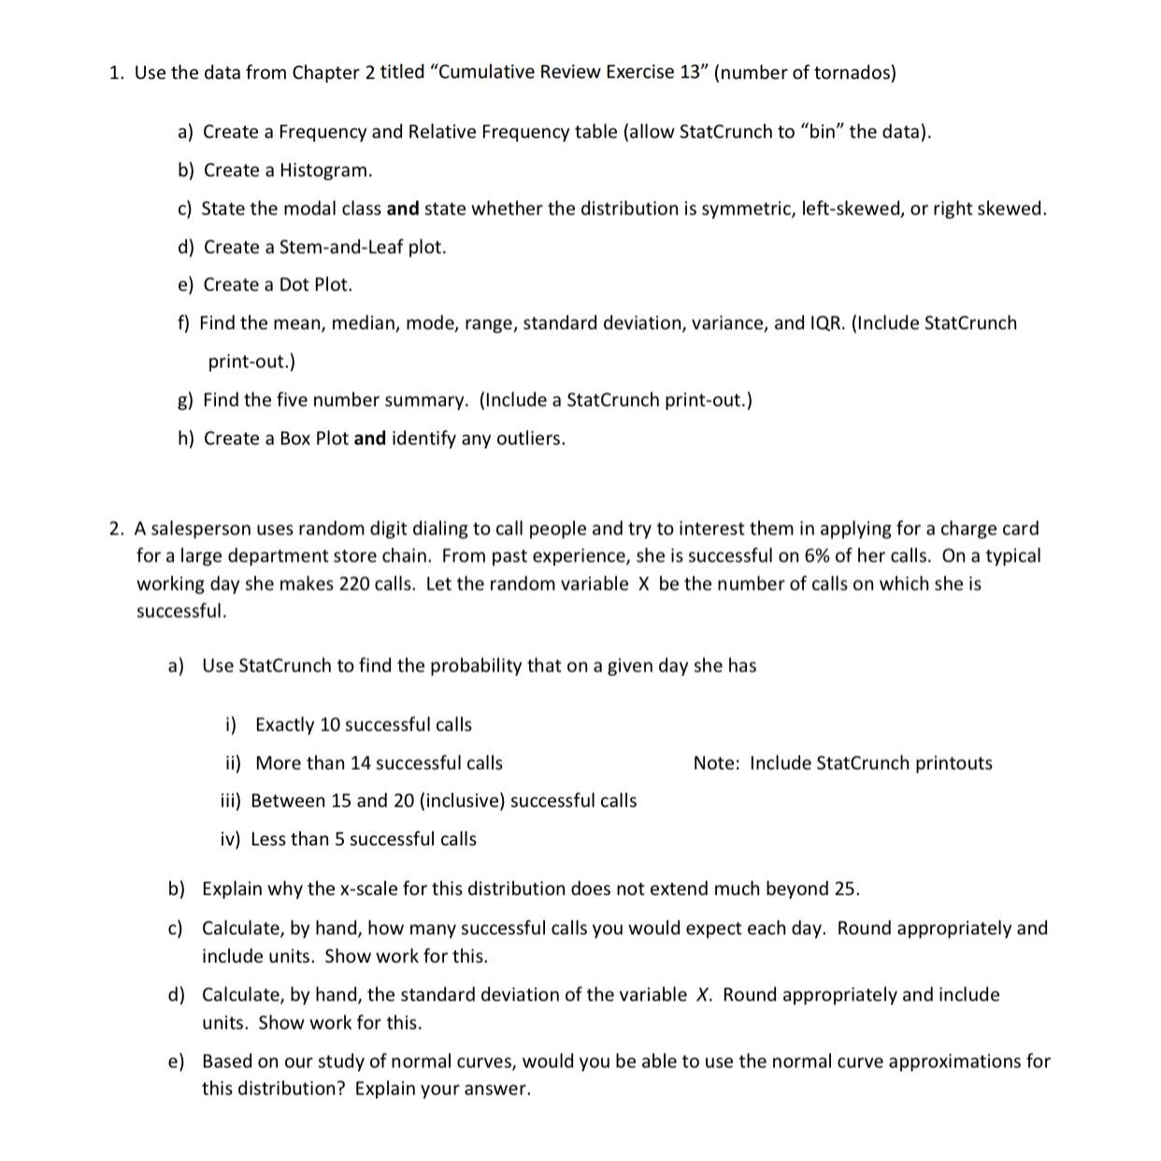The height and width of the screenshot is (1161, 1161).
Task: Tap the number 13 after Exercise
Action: point(690,73)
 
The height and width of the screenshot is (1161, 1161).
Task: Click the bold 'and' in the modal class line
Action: point(403,208)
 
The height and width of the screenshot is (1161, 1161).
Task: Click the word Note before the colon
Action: point(715,763)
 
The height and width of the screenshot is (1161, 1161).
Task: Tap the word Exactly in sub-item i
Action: point(284,724)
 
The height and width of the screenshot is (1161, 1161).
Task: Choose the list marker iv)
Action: point(230,839)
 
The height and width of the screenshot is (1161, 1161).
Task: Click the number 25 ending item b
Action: point(844,888)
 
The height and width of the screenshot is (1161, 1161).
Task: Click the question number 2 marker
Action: point(115,529)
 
